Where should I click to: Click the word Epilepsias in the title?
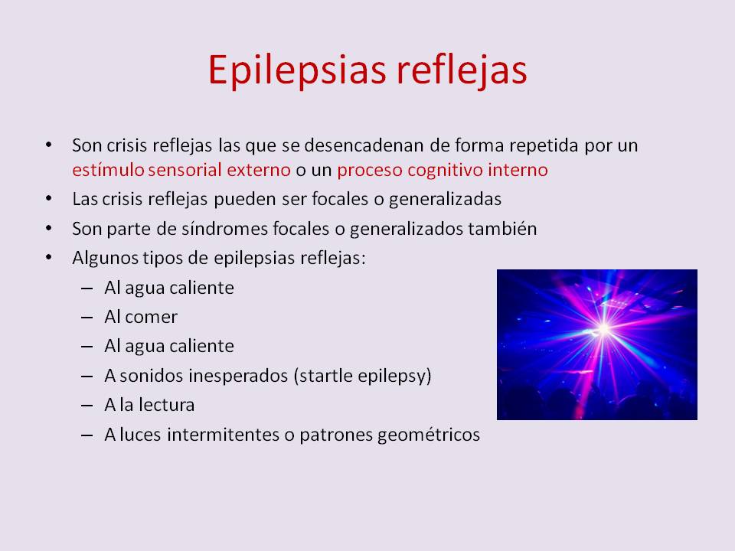tap(297, 70)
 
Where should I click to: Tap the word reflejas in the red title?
tap(462, 70)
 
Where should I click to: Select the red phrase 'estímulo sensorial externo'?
tap(181, 170)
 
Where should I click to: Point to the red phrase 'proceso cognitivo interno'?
tap(442, 171)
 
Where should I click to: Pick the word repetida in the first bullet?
tap(544, 146)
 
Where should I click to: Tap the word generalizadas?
tap(445, 200)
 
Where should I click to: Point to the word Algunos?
tap(105, 259)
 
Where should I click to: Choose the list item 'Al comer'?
tap(141, 317)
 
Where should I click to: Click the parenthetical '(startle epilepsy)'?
tap(362, 376)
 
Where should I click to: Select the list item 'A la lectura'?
tap(149, 405)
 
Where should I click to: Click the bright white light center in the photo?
tap(604, 329)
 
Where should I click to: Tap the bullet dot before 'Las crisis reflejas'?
tap(49, 199)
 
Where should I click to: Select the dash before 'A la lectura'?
tap(87, 406)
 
